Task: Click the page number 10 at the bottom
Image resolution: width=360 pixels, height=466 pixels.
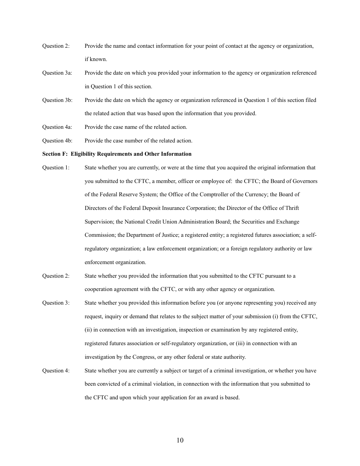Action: (x=180, y=440)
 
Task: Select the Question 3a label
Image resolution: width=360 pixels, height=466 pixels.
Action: (x=57, y=73)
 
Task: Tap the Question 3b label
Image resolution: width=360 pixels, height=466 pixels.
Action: (x=57, y=100)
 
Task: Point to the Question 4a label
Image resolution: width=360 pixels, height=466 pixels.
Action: (x=57, y=127)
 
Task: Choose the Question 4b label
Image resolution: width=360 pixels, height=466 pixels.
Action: (x=57, y=141)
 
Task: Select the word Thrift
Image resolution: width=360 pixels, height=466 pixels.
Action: (x=291, y=208)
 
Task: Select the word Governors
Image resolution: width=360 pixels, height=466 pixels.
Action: (x=305, y=181)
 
